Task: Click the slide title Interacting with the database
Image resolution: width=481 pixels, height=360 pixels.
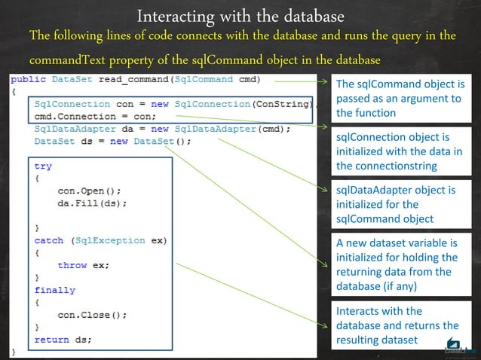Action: (x=240, y=15)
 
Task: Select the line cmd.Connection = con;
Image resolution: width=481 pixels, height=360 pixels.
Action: (x=95, y=117)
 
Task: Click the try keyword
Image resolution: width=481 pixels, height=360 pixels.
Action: (x=43, y=166)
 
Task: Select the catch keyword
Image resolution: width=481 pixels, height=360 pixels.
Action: (x=50, y=240)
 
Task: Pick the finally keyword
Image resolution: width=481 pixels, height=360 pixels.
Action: (x=55, y=290)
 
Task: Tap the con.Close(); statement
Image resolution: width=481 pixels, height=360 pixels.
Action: (x=92, y=315)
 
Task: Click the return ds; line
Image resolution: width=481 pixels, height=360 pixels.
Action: (x=63, y=340)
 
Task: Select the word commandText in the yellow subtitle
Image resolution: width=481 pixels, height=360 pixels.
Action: (x=70, y=60)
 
